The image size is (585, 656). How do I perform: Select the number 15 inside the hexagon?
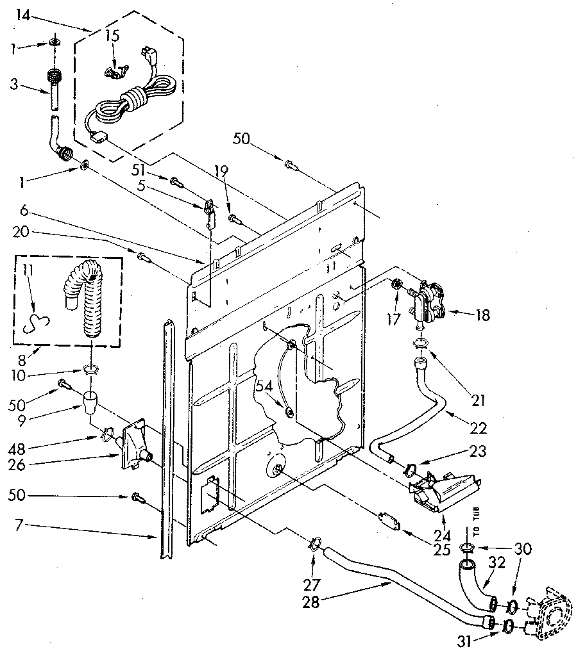pyautogui.click(x=113, y=36)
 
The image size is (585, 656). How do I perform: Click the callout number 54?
pyautogui.click(x=264, y=386)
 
